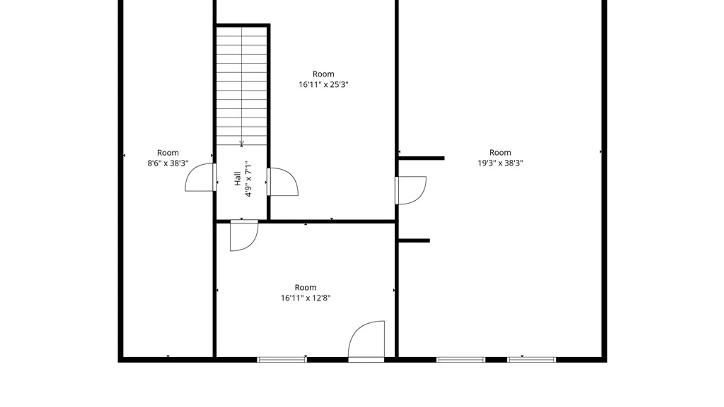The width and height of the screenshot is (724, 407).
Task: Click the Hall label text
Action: coord(238,179)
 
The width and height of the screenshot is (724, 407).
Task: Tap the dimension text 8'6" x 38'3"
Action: coord(168,164)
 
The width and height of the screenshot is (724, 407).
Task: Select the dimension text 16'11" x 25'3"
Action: coord(324,85)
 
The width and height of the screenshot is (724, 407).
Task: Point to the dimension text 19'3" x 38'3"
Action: coord(500,163)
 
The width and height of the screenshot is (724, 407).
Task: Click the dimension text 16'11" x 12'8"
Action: coord(305,298)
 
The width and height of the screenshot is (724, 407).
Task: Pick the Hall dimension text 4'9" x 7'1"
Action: coord(248,179)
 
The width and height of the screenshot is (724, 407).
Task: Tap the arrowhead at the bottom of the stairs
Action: coord(242,144)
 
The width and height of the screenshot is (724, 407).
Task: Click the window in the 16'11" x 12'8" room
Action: coord(282,360)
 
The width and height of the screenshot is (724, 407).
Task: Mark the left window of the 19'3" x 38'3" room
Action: coord(461,360)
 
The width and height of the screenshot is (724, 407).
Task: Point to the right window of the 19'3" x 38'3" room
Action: coord(532,360)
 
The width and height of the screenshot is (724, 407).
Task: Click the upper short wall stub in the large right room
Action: coord(422,158)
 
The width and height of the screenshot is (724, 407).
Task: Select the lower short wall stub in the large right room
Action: coord(414,240)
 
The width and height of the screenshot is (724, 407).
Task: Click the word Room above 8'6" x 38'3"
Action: coord(168,153)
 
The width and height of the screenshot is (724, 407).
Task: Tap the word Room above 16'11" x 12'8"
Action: coord(305,288)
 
